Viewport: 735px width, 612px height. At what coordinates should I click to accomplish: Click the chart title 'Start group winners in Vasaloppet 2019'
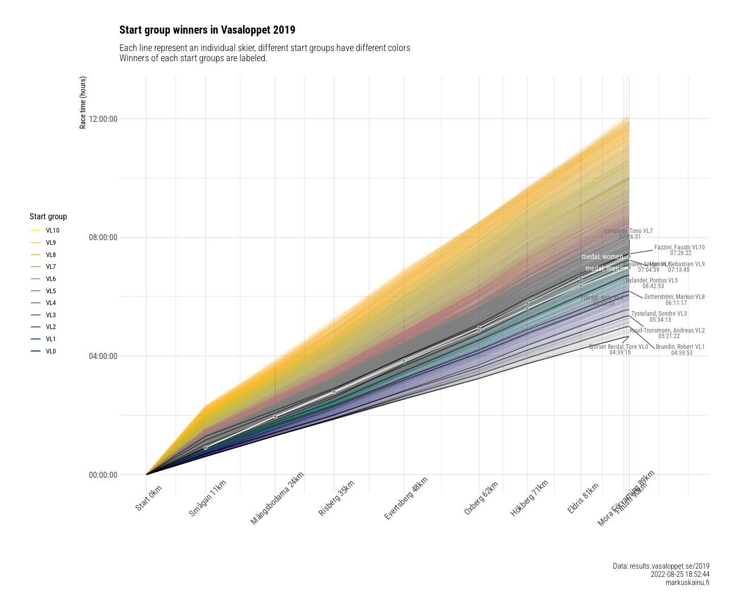[207, 30]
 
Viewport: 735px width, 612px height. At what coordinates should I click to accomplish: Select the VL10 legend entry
[52, 231]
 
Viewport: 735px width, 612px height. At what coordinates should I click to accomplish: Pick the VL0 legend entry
[51, 351]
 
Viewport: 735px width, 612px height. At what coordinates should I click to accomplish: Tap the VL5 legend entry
[51, 291]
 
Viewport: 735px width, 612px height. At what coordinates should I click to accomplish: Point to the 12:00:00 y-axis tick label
[103, 119]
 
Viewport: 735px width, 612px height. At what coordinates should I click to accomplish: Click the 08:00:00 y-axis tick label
[103, 237]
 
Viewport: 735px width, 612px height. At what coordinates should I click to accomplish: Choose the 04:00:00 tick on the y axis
[103, 356]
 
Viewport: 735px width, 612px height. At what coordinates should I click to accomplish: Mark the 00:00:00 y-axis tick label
[103, 475]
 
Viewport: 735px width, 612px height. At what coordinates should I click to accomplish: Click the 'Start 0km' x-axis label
[149, 498]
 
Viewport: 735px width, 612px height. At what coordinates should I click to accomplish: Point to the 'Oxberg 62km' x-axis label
[481, 498]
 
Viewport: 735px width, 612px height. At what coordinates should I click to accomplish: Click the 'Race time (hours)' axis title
[83, 103]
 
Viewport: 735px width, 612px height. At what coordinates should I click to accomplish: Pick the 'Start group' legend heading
[48, 217]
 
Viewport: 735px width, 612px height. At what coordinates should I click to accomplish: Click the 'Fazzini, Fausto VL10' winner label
[679, 247]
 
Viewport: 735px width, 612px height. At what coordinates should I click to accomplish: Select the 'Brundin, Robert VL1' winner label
[680, 347]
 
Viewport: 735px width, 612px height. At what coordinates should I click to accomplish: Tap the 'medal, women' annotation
[602, 257]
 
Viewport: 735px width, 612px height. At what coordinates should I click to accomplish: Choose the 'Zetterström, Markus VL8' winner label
[674, 297]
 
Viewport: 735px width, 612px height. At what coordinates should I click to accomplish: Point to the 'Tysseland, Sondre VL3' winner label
[659, 314]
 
